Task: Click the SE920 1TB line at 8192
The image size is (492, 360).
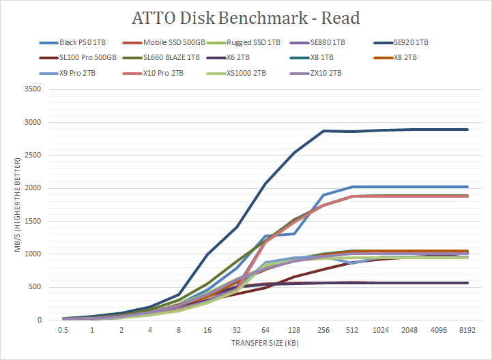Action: pos(467,130)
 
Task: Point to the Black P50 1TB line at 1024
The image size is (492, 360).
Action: pos(381,187)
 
